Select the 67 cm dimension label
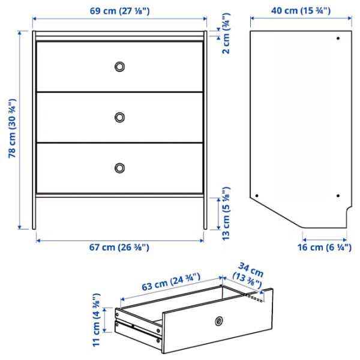[120, 247]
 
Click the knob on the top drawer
[120, 66]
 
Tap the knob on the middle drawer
[120, 117]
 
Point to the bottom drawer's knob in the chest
[120, 167]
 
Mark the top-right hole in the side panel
[338, 39]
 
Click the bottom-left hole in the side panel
[257, 195]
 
